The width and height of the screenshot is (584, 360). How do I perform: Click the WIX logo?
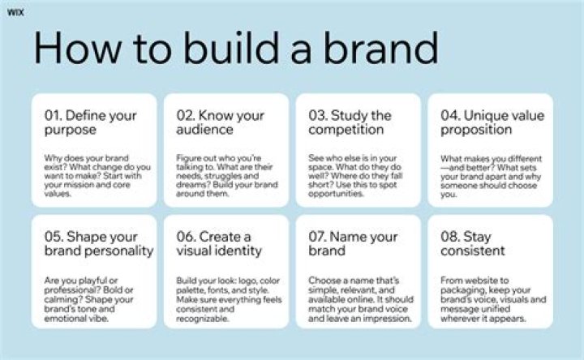15,12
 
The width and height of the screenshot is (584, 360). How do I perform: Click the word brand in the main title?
381,48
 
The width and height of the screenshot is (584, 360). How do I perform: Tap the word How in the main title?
78,48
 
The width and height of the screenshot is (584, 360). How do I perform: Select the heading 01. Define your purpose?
91,122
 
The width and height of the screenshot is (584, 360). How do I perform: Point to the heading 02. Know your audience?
220,122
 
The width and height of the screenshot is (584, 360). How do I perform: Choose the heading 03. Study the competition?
350,122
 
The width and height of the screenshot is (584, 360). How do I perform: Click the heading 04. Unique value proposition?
492,122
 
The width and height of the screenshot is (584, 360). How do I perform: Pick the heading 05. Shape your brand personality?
99,244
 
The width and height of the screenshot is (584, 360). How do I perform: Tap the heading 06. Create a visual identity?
219,244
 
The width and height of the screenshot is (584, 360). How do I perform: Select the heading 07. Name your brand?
353,244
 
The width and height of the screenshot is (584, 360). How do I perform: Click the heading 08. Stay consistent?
473,244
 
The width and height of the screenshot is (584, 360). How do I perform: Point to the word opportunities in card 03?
336,194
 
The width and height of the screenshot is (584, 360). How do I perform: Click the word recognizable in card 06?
202,319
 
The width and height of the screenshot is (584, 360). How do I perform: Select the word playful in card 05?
90,281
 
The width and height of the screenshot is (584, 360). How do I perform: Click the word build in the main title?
232,48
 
